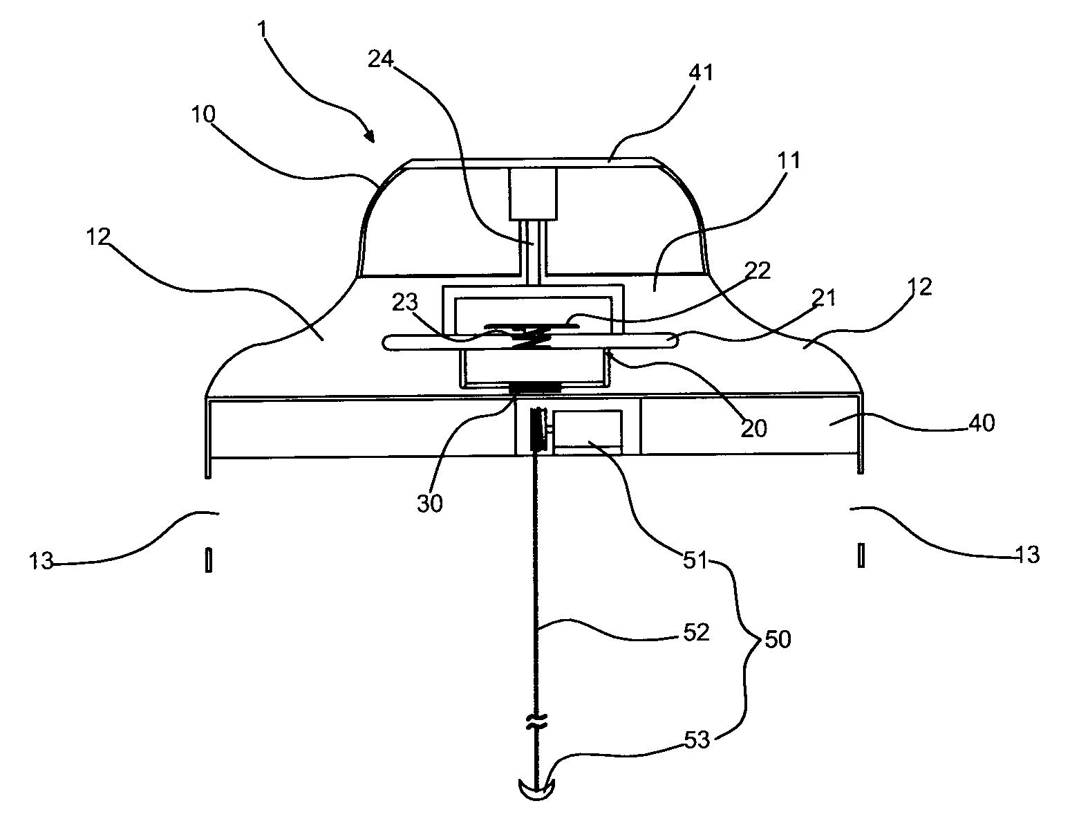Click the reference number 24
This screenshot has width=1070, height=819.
pos(381,59)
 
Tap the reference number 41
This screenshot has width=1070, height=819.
pos(701,72)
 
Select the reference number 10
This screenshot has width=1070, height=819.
pos(203,115)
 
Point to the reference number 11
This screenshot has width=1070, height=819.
pos(788,160)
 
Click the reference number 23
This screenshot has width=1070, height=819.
pos(405,302)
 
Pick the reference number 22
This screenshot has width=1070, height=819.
pos(758,270)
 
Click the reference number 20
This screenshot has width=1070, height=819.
pos(754,428)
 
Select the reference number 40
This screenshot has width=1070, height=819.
pos(982,423)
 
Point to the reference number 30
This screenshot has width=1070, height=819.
pos(430,504)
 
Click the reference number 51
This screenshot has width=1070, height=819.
pos(695,560)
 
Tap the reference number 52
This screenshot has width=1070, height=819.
pos(696,633)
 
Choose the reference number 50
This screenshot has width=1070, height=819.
pos(778,639)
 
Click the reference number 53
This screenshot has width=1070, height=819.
pos(697,740)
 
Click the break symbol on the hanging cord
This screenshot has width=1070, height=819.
pos(536,722)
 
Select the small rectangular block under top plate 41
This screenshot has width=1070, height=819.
pos(533,194)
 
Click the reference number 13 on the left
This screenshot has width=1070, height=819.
pos(41,561)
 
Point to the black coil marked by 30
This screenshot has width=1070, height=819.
pos(535,389)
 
